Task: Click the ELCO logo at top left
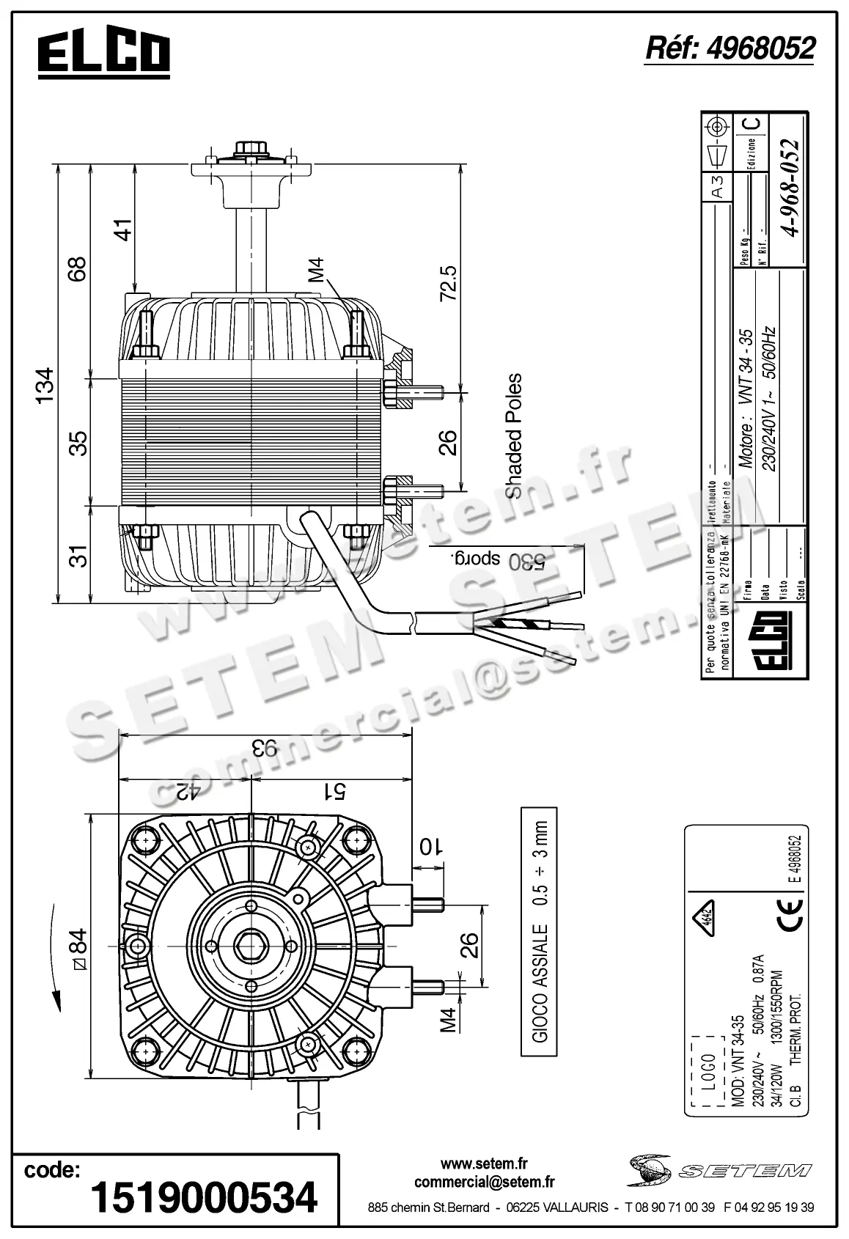coord(103,54)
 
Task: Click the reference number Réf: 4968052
coord(729,48)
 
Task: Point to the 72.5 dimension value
coord(448,283)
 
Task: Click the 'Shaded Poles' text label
coord(514,435)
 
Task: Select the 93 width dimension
coord(265,749)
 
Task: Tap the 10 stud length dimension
coord(430,845)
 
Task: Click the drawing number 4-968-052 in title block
coord(790,188)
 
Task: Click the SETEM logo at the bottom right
coord(718,1169)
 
